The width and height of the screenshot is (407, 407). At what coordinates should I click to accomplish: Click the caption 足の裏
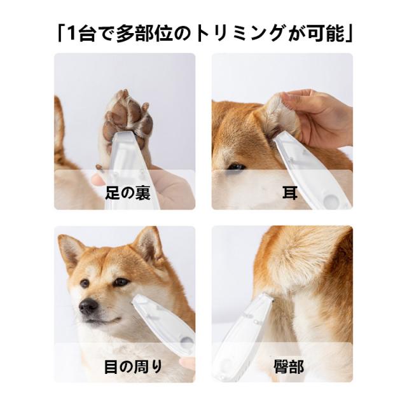[128, 193]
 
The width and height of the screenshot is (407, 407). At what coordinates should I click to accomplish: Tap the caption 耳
[290, 193]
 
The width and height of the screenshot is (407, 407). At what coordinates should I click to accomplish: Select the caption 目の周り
[133, 366]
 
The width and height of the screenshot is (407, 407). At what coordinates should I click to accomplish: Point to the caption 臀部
[289, 366]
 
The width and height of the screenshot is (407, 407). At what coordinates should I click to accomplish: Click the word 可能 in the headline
[326, 34]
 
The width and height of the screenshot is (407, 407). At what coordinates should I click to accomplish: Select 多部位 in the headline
[144, 34]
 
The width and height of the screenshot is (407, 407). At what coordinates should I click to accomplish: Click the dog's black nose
[88, 307]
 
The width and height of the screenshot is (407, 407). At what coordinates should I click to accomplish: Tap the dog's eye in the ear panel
[236, 167]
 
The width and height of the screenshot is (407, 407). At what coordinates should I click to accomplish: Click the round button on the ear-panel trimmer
[331, 201]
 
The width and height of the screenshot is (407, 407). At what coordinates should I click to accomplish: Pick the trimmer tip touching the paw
[125, 135]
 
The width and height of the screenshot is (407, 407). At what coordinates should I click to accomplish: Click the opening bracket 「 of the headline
[60, 34]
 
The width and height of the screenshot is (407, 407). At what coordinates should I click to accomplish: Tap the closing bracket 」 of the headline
[349, 34]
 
